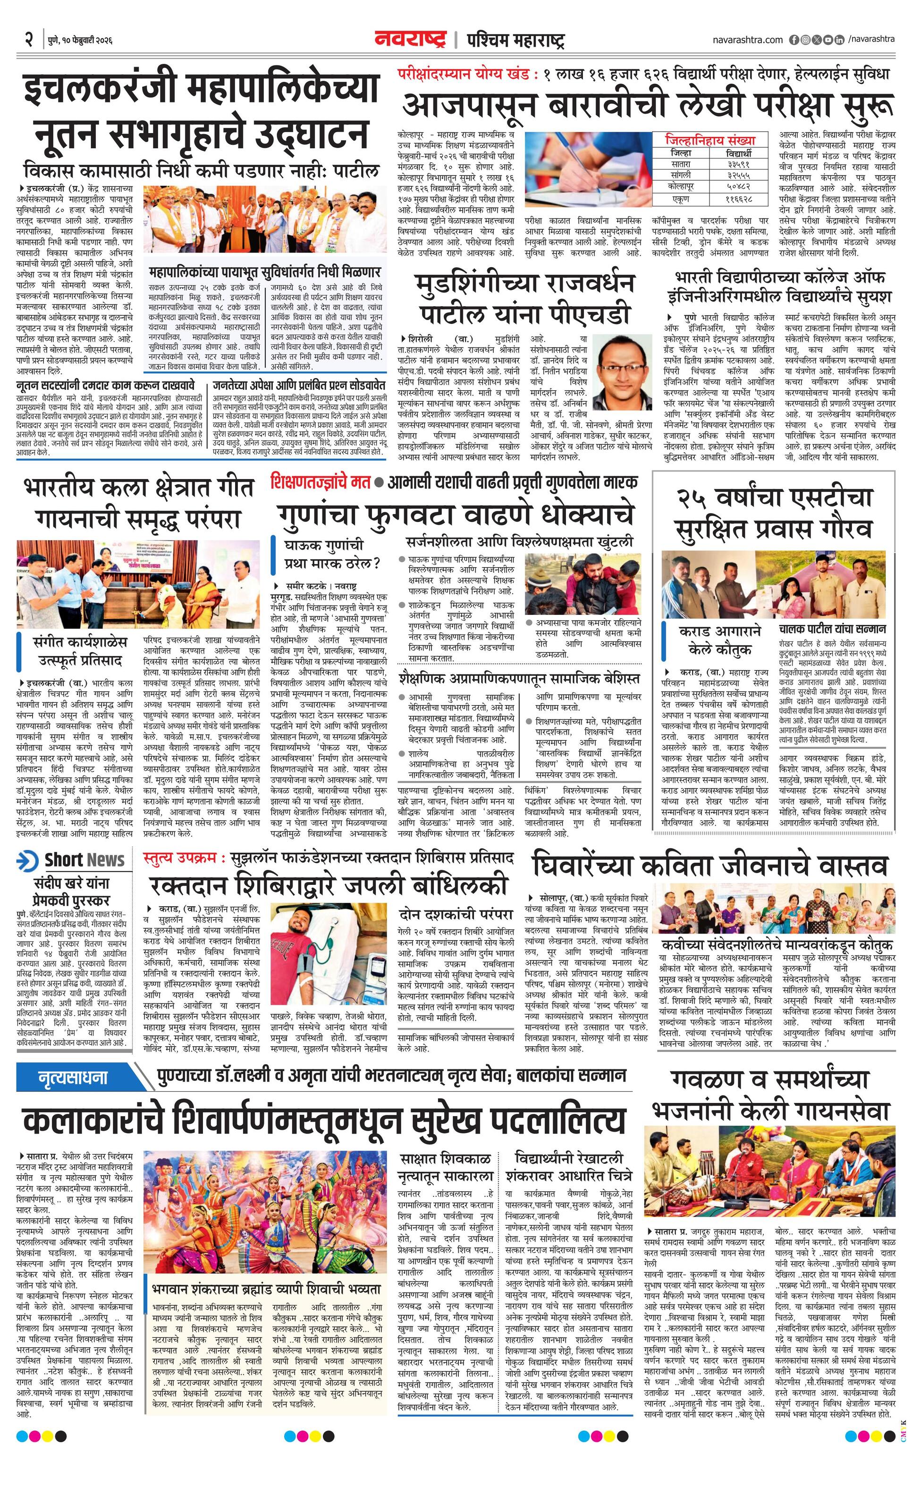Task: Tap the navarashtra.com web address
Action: pyautogui.click(x=747, y=40)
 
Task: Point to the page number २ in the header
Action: pyautogui.click(x=28, y=40)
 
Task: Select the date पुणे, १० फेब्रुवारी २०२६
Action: pyautogui.click(x=80, y=41)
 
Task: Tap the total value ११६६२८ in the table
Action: pyautogui.click(x=738, y=198)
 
